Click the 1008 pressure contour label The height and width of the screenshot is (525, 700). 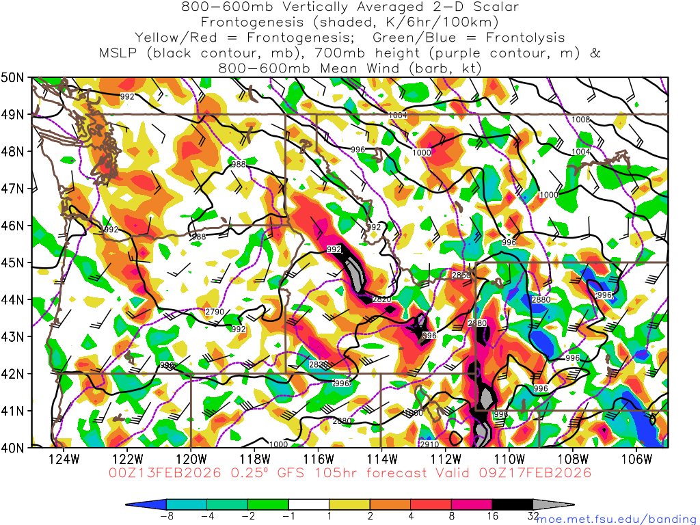[x=580, y=120]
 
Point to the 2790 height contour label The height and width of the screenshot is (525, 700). [x=214, y=312]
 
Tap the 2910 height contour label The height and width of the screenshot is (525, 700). [x=429, y=444]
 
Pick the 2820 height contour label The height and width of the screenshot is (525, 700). [x=381, y=299]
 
